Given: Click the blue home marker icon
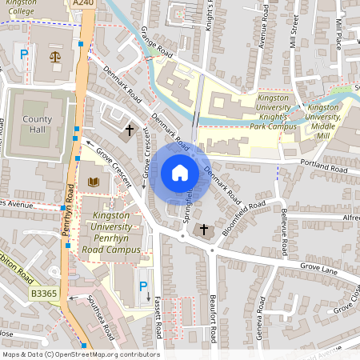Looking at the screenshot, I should point(180,173).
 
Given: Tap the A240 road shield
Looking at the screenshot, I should point(82,4).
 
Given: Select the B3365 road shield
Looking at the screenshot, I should point(45,294).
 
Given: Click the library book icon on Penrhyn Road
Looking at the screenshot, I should point(94,182).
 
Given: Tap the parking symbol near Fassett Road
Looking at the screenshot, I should point(143,286).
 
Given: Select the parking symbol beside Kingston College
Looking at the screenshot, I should point(24,55).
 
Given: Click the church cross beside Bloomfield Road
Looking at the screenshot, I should point(203,230).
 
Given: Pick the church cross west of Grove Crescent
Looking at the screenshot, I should point(128,129).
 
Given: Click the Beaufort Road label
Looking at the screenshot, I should point(213,318).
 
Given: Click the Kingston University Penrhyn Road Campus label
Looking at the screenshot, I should point(112,233).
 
